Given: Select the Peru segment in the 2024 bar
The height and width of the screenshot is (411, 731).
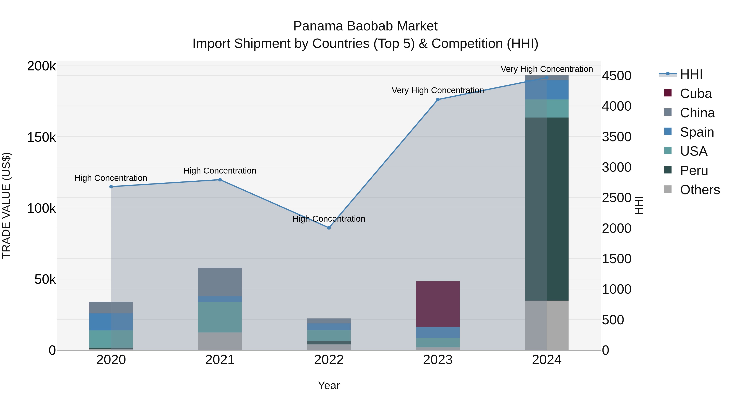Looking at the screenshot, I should (547, 209).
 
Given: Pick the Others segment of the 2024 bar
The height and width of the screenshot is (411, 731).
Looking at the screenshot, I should (547, 325).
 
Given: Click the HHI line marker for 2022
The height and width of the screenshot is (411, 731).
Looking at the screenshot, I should (329, 228).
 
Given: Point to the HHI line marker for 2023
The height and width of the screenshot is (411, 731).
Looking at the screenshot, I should (438, 100).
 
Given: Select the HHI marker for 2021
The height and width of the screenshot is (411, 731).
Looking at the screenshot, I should (220, 180).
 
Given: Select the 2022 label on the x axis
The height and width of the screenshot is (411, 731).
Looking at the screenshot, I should (329, 360).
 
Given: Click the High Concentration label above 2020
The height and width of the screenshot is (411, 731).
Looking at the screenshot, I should (111, 178).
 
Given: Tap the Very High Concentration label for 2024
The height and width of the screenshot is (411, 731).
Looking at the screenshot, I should (547, 69).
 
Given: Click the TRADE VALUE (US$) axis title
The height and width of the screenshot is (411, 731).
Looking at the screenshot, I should (6, 205).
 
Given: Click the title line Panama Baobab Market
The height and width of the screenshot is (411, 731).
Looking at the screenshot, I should (365, 26).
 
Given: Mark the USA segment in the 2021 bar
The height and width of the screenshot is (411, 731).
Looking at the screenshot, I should (220, 317).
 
